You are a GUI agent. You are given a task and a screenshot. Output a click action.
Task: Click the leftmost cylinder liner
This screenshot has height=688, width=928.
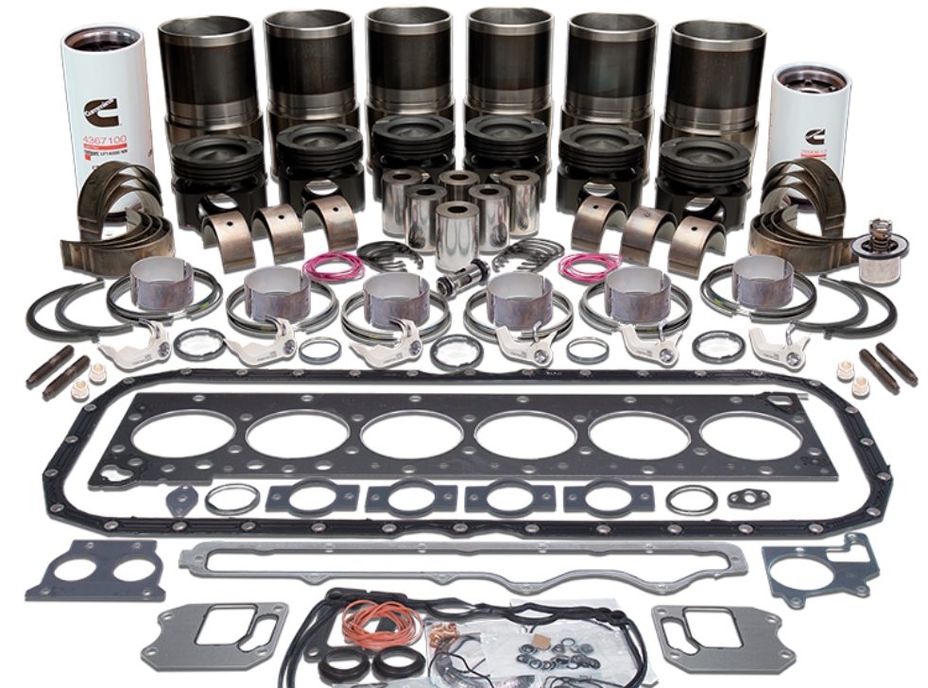point(209,71)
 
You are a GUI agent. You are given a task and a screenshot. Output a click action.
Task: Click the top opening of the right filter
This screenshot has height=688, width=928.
point(810,79)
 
